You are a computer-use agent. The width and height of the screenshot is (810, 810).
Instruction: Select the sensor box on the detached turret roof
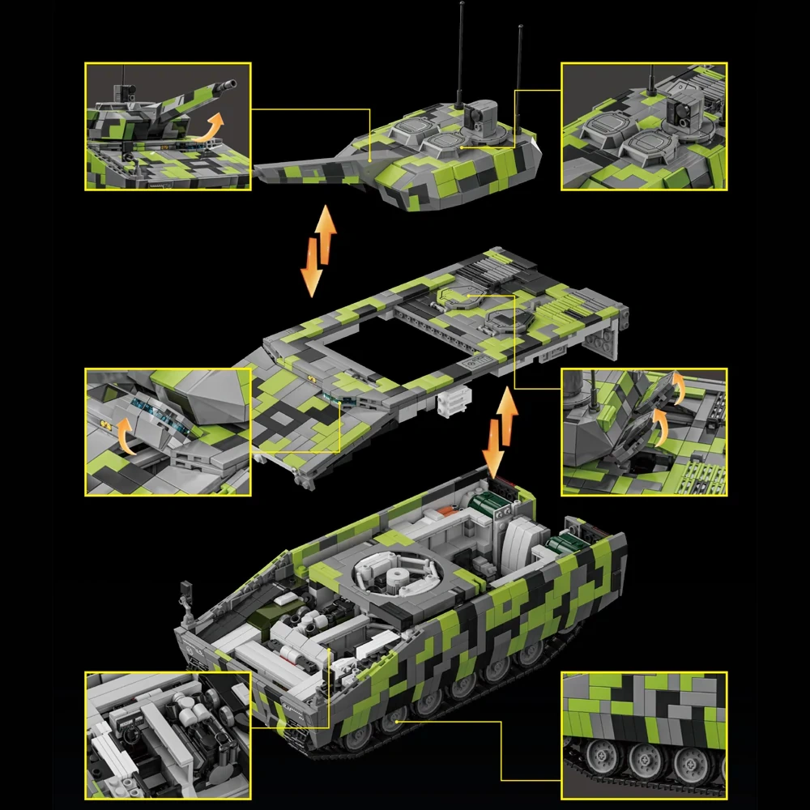click(x=482, y=113)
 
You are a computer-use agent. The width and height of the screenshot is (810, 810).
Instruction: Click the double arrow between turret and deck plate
click(x=318, y=249)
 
